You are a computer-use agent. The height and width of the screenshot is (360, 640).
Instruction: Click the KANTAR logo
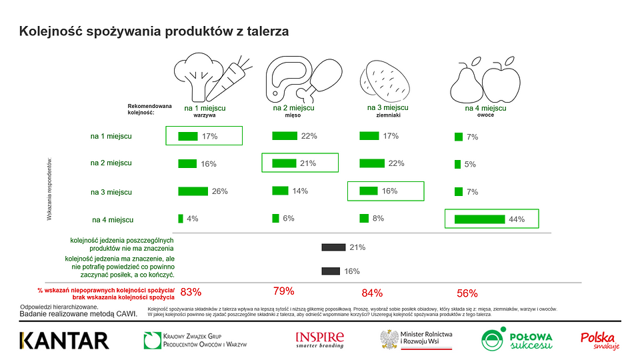point(64,340)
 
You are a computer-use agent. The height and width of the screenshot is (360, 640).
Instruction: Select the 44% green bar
point(479,219)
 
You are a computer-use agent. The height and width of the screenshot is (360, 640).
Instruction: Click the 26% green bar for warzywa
point(193,191)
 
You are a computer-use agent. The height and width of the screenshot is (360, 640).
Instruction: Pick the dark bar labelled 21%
point(333,247)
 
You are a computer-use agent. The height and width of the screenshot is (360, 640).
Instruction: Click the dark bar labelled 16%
point(331,271)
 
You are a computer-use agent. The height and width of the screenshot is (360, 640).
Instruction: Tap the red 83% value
point(191,292)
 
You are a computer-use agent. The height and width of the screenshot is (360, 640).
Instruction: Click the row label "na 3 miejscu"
point(111,192)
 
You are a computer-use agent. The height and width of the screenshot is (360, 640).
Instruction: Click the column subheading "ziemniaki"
point(387,115)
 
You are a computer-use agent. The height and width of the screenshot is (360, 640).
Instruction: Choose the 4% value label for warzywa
point(192,219)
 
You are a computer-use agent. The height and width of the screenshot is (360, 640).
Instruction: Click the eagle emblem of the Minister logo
point(389,339)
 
